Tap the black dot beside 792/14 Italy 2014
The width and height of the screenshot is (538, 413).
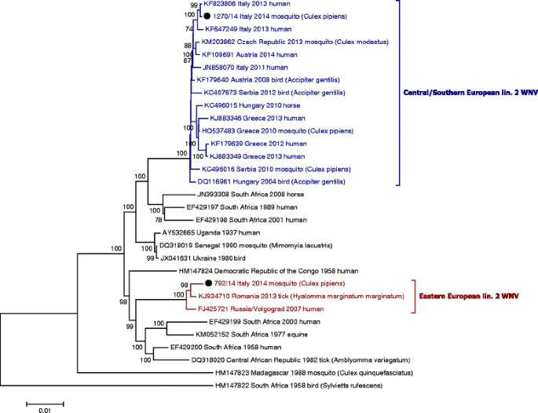point(209,283)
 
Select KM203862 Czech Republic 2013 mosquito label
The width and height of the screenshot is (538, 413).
point(280,41)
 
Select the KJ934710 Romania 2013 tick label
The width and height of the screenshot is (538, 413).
point(275,296)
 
